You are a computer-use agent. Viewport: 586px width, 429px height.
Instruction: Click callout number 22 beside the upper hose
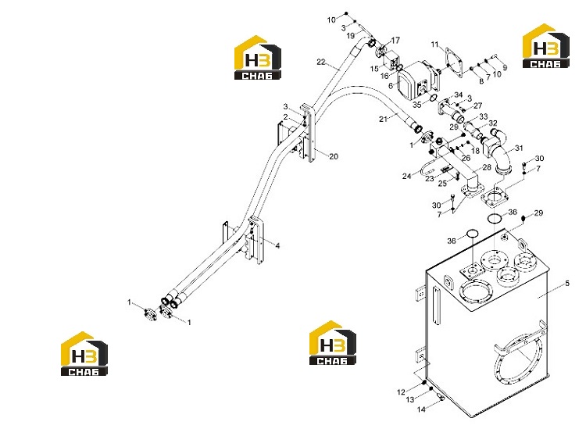(321, 62)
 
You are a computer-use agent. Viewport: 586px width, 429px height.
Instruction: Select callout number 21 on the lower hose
(383, 120)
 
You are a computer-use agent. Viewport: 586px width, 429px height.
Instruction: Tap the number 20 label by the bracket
(334, 156)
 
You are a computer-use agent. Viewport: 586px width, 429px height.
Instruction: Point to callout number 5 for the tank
(567, 283)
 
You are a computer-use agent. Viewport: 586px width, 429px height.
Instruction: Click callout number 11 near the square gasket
(434, 45)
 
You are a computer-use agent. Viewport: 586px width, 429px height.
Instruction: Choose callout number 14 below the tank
(421, 409)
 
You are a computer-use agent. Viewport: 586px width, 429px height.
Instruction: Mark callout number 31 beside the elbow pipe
(519, 148)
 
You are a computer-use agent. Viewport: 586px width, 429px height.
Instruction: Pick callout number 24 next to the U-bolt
(406, 176)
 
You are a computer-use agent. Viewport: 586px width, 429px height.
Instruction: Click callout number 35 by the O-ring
(416, 105)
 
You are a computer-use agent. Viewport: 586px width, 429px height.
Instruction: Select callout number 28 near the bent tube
(487, 167)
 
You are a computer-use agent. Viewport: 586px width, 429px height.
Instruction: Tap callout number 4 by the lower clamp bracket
(277, 245)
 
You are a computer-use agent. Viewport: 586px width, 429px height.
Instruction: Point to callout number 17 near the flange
(395, 40)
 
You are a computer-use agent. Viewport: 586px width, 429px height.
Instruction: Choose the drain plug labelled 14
(441, 397)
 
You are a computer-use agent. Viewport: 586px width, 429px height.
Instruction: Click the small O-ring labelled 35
(432, 98)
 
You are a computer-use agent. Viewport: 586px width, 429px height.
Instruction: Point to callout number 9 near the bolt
(505, 68)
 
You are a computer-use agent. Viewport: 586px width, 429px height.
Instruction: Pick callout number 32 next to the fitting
(493, 123)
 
